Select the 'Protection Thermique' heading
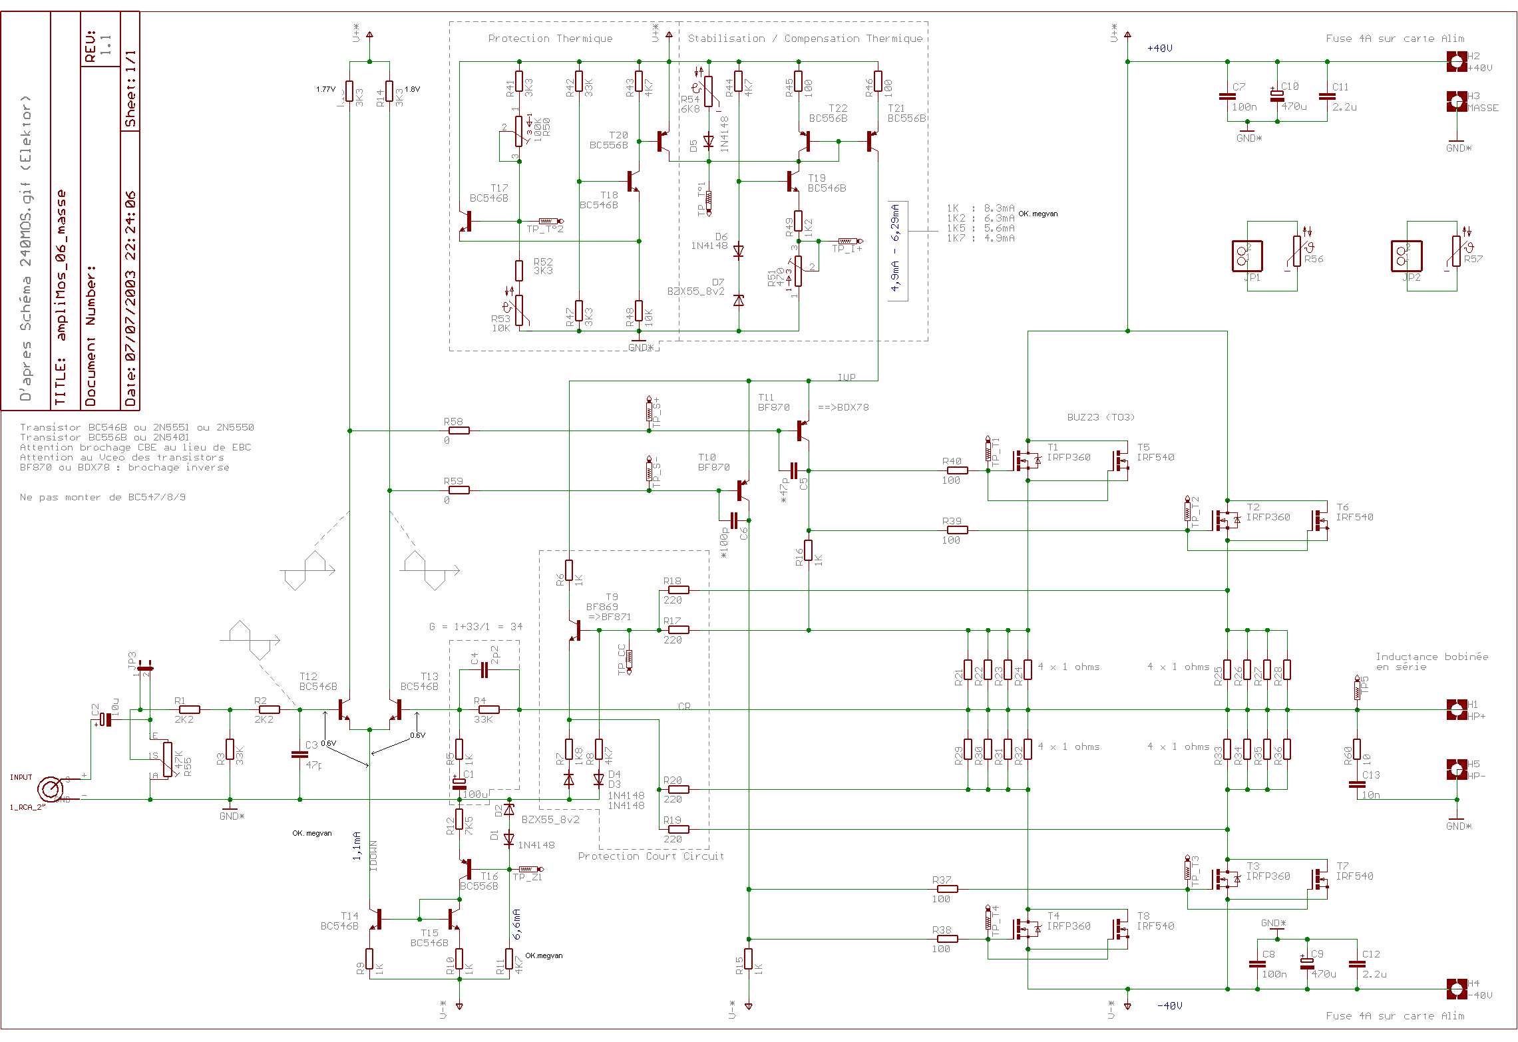click(550, 39)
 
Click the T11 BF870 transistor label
click(773, 403)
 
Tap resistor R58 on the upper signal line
click(459, 431)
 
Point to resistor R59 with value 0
click(459, 490)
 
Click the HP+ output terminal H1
click(1456, 709)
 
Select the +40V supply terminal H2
click(1456, 62)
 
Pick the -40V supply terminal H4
click(1456, 989)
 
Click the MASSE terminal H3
click(1456, 101)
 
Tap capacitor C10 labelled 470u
click(1277, 96)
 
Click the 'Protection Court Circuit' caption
click(651, 856)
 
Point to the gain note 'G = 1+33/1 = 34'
click(476, 627)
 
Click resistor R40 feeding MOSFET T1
click(957, 470)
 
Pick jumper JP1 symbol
click(1247, 256)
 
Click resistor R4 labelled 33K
click(488, 709)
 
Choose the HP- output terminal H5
click(1456, 769)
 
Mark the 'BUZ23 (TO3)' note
click(1101, 417)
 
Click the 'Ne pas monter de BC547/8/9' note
click(102, 497)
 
